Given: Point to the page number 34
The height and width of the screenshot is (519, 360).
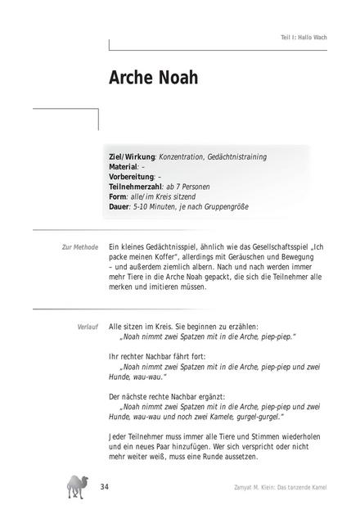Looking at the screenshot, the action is (104, 488).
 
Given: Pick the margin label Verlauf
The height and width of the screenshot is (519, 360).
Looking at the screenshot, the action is (88, 326).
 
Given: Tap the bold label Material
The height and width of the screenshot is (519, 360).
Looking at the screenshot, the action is (124, 166).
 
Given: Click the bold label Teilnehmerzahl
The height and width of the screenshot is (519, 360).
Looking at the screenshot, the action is (135, 187).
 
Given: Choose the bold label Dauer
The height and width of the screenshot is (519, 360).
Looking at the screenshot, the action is (119, 206).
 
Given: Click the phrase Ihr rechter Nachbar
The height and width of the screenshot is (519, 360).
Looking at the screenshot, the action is (146, 356).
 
